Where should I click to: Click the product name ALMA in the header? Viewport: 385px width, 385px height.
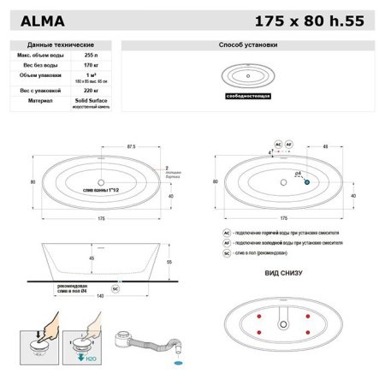[43, 18]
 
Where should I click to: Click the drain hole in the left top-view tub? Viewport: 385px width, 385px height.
[102, 182]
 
